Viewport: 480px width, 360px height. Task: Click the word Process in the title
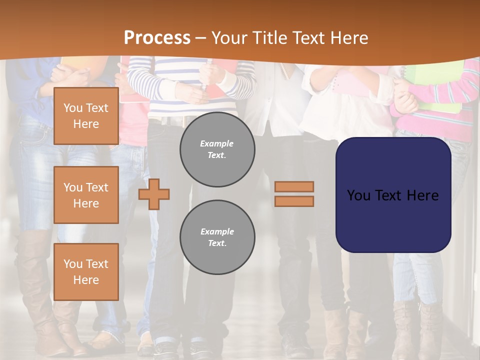point(157,38)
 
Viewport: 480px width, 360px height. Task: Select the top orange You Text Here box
point(86,116)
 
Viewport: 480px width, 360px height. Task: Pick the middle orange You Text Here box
point(86,195)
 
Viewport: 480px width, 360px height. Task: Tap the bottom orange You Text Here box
point(86,271)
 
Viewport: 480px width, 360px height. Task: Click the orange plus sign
point(154,194)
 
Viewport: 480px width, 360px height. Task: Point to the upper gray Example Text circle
point(217,149)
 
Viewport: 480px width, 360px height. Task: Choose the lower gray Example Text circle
point(217,237)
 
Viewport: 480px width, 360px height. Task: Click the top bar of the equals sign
point(294,186)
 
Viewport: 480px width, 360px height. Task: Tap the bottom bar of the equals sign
point(294,201)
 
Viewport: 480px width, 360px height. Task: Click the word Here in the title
point(348,38)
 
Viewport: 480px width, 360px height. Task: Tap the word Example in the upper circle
point(217,143)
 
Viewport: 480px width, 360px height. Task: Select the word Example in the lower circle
point(217,231)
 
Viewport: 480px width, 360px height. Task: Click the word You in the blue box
point(358,195)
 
